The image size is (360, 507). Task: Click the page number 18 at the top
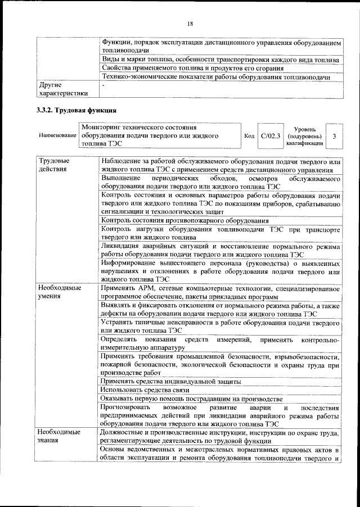pos(190,23)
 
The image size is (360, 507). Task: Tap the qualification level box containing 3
pos(334,137)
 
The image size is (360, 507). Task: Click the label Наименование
pos(57,137)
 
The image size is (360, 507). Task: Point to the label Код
pos(249,137)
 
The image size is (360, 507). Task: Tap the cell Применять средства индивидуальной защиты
pos(170,381)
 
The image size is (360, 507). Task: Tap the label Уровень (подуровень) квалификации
pos(304,137)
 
